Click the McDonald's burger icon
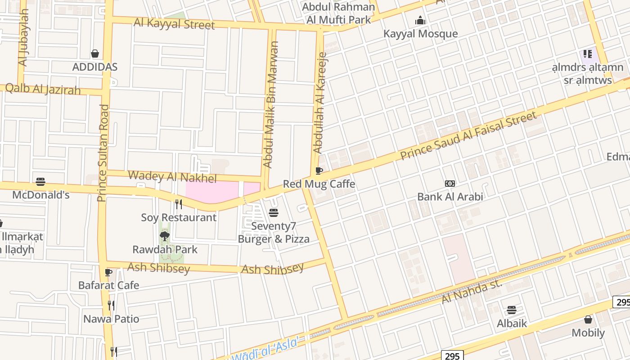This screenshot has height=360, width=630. coord(40,182)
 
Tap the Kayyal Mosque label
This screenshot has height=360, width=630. coord(420,34)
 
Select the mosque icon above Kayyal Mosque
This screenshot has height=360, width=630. coord(420,20)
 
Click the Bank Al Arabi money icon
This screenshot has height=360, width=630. coord(450,184)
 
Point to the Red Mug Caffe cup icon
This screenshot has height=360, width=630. coord(319,171)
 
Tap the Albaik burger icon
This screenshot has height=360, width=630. coord(511,310)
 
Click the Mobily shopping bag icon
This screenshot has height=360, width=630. coord(588,319)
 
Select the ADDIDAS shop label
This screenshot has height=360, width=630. coord(95,67)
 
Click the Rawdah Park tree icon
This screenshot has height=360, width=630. coord(165,236)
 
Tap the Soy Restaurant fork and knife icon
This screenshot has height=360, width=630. coord(179,204)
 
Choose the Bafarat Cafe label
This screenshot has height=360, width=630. coord(108,285)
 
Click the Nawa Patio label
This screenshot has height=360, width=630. coord(111,319)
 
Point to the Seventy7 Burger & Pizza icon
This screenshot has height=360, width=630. coord(274,213)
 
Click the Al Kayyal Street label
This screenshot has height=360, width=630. coord(174,23)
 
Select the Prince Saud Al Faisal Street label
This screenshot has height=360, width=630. coord(468,136)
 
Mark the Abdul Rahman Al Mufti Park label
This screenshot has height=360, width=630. coord(338,13)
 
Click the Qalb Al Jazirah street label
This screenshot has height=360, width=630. coord(43,89)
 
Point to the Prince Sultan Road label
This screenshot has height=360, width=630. coord(103,153)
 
